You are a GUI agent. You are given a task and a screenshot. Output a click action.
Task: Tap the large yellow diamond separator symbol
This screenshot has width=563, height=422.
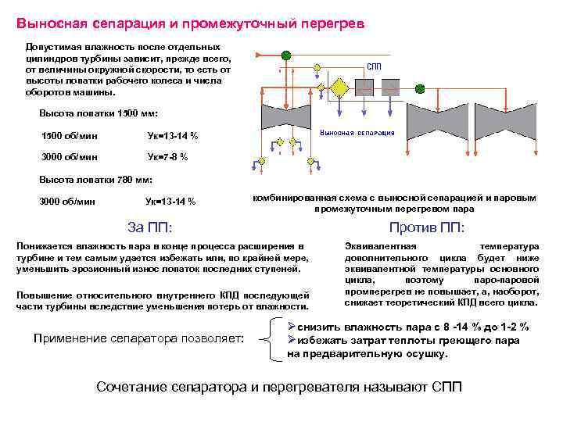(339, 87)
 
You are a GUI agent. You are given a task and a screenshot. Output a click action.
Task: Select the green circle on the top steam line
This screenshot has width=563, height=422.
(286, 55)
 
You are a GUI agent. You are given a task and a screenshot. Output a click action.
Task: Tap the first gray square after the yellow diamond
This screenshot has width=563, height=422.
(364, 87)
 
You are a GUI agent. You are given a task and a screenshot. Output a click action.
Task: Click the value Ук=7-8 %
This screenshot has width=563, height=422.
(167, 157)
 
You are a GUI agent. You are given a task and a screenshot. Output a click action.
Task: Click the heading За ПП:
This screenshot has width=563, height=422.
(149, 227)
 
